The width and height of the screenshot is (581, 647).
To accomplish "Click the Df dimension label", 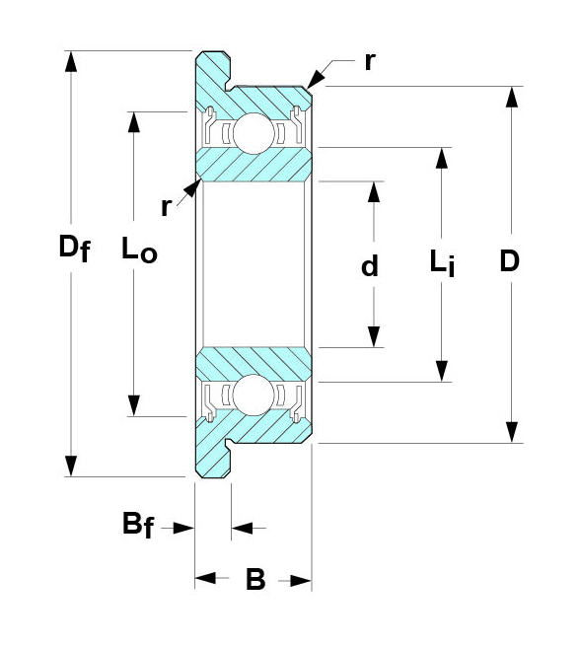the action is click(x=74, y=248).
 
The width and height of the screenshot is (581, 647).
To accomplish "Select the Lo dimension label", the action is click(x=139, y=249).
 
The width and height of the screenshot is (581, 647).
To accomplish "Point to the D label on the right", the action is click(x=510, y=261).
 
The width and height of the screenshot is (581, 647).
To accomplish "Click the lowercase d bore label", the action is click(x=369, y=265).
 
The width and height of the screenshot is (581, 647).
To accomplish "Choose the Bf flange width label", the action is click(x=138, y=525).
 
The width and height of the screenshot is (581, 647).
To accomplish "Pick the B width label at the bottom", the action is click(x=255, y=579).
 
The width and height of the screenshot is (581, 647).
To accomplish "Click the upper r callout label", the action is click(x=370, y=62).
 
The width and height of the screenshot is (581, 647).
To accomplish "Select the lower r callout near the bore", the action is click(x=166, y=207).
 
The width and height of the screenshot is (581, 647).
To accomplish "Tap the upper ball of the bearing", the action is click(x=253, y=134).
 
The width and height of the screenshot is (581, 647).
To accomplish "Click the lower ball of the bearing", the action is click(x=253, y=395).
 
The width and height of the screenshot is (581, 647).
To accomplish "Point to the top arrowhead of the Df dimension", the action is click(x=71, y=61).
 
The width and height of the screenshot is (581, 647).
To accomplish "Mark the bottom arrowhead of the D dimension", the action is click(x=512, y=432).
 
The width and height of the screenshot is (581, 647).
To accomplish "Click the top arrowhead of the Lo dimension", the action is click(x=134, y=122).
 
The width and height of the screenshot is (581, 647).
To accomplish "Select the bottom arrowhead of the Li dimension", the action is click(x=442, y=371).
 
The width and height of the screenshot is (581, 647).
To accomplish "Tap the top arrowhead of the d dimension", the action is click(x=374, y=192).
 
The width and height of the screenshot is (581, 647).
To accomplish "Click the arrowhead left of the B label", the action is click(x=205, y=578).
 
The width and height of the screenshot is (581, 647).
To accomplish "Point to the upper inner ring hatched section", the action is click(x=254, y=165).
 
